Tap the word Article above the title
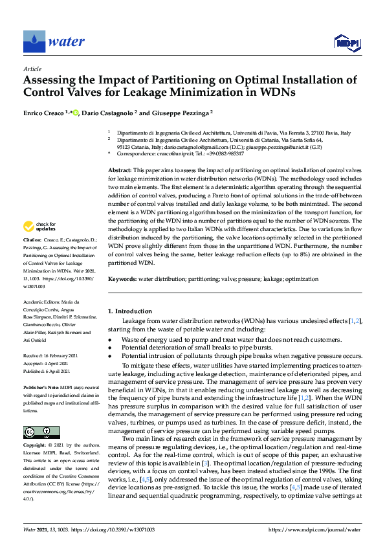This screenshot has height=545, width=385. tap(32, 69)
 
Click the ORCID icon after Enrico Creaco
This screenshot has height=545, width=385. tap(76, 111)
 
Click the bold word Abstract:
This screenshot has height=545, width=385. tap(120, 169)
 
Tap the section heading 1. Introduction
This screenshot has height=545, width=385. tap(129, 311)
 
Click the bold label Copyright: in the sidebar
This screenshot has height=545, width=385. tap(36, 446)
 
